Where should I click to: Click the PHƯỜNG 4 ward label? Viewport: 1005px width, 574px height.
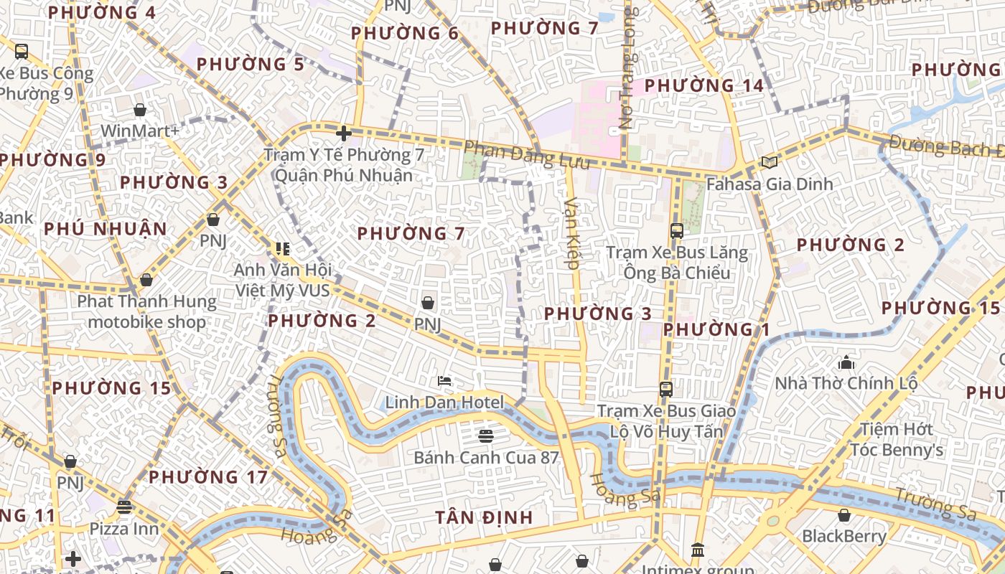[x=101, y=13]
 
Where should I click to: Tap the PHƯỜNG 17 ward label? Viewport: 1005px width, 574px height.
[x=208, y=477]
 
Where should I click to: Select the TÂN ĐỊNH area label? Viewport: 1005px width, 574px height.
[x=485, y=517]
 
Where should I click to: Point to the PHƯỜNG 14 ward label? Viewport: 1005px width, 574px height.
[x=704, y=85]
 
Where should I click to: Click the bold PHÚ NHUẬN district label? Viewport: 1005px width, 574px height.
[x=106, y=230]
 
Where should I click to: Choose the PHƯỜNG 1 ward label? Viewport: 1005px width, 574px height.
[x=716, y=329]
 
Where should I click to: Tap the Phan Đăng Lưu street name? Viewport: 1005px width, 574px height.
[x=527, y=156]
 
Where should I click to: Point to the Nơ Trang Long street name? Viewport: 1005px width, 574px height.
[x=627, y=69]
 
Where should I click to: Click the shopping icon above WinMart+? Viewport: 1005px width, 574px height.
[x=140, y=110]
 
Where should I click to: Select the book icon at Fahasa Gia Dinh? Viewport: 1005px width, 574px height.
[x=770, y=163]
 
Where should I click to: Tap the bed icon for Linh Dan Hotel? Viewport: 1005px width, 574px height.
[x=444, y=380]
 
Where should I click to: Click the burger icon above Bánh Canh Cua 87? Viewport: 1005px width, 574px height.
[x=486, y=436]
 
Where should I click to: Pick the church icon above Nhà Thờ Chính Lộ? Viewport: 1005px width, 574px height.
[x=846, y=362]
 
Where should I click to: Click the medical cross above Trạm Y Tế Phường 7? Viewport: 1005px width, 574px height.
[x=344, y=133]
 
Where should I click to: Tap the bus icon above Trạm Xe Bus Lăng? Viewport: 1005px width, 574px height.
[x=676, y=230]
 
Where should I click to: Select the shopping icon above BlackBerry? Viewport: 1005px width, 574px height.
[x=844, y=515]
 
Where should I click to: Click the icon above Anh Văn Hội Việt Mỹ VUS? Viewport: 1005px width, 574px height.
[x=282, y=249]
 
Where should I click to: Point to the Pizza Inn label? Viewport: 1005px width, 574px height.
[x=124, y=529]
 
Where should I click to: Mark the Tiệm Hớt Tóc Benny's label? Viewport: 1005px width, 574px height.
[x=897, y=440]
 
